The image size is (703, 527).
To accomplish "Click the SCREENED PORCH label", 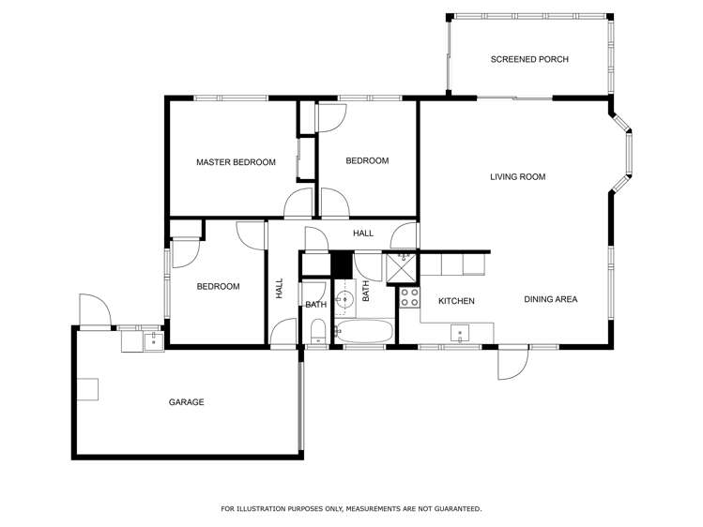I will click(529, 59).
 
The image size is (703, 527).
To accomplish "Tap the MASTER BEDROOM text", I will click(236, 162).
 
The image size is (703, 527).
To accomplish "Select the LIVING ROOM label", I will click(517, 176).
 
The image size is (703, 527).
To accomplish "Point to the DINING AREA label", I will click(550, 300).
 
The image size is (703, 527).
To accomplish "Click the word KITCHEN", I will click(456, 301).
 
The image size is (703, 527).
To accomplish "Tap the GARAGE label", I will click(186, 402).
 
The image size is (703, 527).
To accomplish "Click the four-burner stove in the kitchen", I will click(409, 297).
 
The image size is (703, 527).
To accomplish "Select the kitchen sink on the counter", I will click(460, 331).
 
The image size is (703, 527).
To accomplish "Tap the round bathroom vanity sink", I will click(344, 299).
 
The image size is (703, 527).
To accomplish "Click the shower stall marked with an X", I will click(401, 268).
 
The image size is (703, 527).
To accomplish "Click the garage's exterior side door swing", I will click(92, 310).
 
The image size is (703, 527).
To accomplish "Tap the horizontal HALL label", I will click(362, 233).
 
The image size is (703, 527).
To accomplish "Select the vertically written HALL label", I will click(280, 289).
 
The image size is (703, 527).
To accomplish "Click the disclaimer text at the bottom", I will click(351, 509).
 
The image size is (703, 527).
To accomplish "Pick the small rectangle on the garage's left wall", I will click(87, 388).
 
